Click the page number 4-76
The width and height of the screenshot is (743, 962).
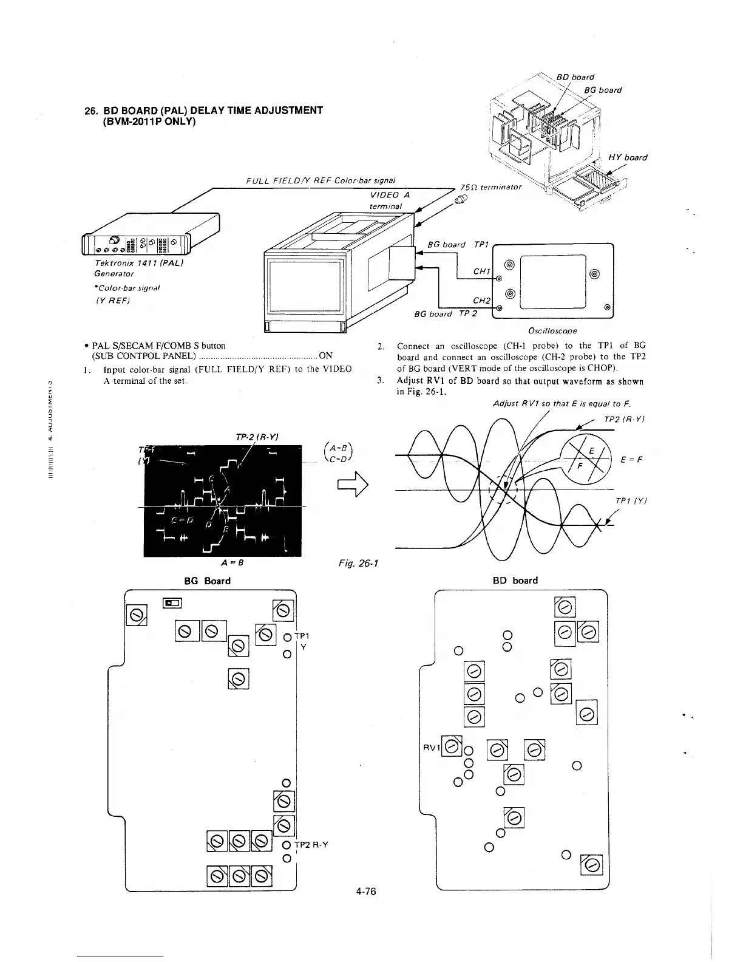(367, 892)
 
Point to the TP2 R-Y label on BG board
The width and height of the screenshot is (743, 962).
(312, 845)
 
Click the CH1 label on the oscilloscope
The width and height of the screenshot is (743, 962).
(481, 271)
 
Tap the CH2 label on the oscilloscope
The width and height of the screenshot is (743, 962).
(481, 300)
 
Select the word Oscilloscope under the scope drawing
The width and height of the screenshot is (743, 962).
(553, 331)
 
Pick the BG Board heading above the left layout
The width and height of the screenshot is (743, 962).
(207, 581)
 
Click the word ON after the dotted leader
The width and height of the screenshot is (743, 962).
(325, 356)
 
